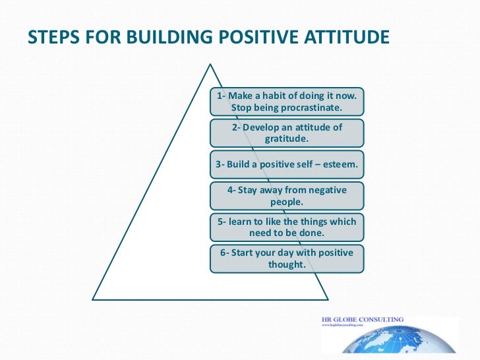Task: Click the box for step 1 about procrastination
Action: coord(287,102)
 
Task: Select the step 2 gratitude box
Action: coord(287,133)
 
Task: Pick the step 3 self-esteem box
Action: coord(287,164)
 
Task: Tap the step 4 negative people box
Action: coord(287,195)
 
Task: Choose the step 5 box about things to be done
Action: coord(287,227)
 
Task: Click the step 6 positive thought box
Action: coord(287,258)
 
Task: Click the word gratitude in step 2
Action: coord(287,138)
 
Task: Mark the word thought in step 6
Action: coord(287,264)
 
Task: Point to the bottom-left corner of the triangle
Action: coord(93,299)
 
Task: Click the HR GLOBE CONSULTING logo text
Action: coord(362,320)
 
